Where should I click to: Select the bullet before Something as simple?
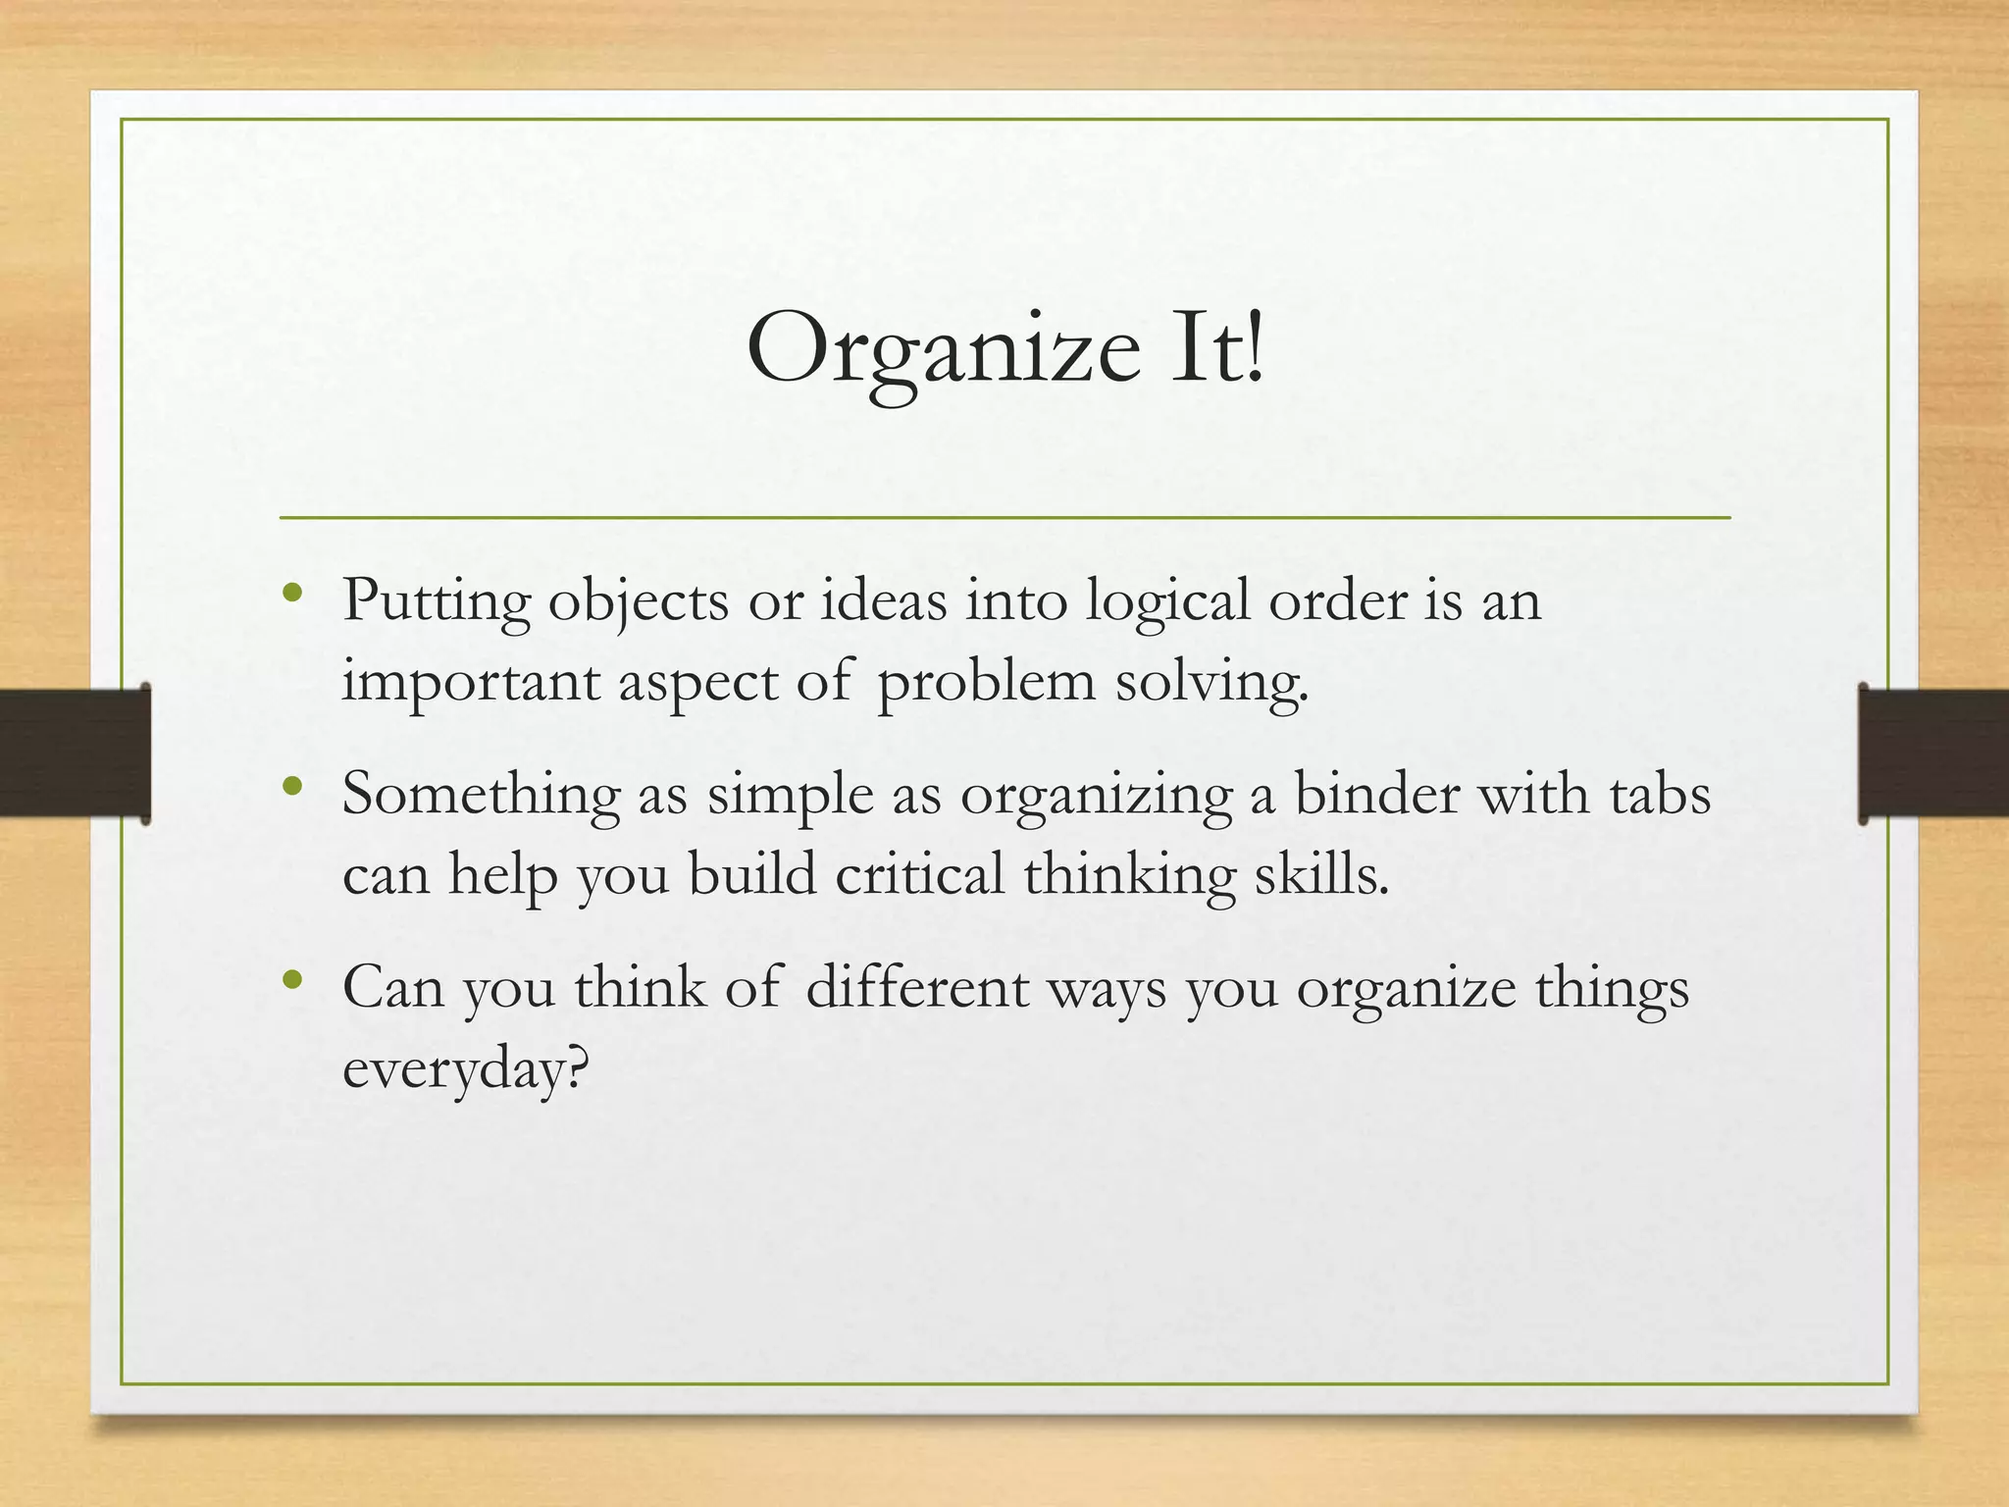[291, 786]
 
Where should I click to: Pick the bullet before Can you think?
[291, 979]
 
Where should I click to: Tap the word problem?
[986, 682]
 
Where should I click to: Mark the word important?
[471, 682]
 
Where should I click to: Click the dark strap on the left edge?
[74, 753]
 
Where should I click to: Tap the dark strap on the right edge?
[1933, 753]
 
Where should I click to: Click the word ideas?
[884, 600]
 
